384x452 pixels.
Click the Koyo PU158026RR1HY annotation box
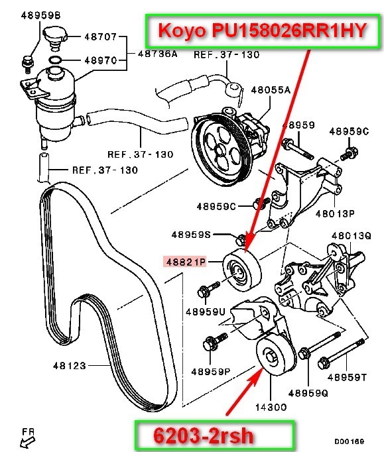pyautogui.click(x=263, y=30)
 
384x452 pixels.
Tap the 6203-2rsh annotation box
pyautogui.click(x=214, y=435)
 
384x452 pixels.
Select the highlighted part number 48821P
pyautogui.click(x=185, y=262)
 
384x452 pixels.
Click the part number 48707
pyautogui.click(x=100, y=36)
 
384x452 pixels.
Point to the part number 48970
pyautogui.click(x=100, y=60)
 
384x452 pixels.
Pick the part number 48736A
pyautogui.click(x=158, y=54)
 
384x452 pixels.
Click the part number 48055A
pyautogui.click(x=271, y=90)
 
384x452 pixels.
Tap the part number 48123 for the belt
pyautogui.click(x=70, y=366)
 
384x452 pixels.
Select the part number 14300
pyautogui.click(x=271, y=407)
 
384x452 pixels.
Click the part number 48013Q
pyautogui.click(x=351, y=236)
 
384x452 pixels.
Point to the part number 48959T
pyautogui.click(x=347, y=377)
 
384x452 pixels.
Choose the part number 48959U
pyautogui.click(x=205, y=311)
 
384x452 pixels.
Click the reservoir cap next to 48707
pyautogui.click(x=55, y=37)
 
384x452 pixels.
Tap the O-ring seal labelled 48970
pyautogui.click(x=55, y=60)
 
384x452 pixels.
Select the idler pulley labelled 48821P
pyautogui.click(x=242, y=270)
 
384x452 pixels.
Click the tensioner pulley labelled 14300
pyautogui.click(x=275, y=355)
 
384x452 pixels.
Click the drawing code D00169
pyautogui.click(x=349, y=441)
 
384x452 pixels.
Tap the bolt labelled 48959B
pyautogui.click(x=28, y=64)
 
